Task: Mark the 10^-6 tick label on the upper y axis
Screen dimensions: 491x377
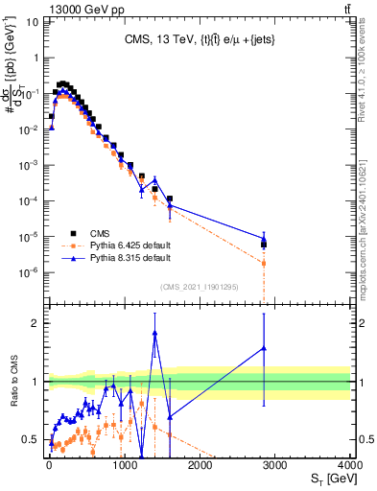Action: [30, 272]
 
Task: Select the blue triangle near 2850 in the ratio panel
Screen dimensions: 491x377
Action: [264, 349]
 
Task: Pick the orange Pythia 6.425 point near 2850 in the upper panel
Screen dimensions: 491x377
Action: [264, 263]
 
